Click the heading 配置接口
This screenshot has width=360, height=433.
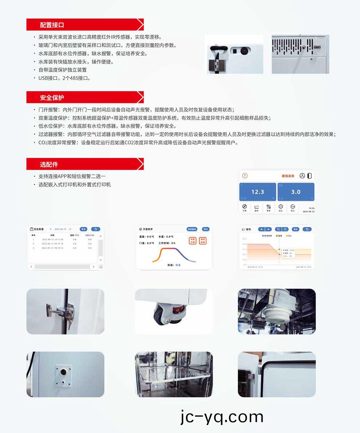click(x=52, y=25)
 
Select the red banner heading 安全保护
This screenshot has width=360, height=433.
click(x=52, y=97)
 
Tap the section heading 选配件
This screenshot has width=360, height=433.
click(x=49, y=164)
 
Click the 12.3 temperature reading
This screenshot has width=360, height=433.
click(x=257, y=192)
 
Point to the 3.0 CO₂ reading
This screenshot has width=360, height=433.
click(x=296, y=192)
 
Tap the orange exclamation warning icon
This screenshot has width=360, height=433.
click(x=245, y=176)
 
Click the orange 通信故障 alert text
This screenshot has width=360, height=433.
click(x=288, y=176)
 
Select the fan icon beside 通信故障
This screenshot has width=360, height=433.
click(x=302, y=176)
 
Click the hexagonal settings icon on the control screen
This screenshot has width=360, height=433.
click(x=280, y=207)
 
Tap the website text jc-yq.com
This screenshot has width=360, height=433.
click(x=221, y=417)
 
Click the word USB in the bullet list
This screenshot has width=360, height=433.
click(x=43, y=78)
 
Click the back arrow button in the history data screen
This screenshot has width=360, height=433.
click(x=96, y=229)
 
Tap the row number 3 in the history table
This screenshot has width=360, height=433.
click(x=33, y=248)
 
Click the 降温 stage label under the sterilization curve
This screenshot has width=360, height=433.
click(x=178, y=265)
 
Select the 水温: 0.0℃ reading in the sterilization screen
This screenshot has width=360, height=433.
click(x=166, y=237)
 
